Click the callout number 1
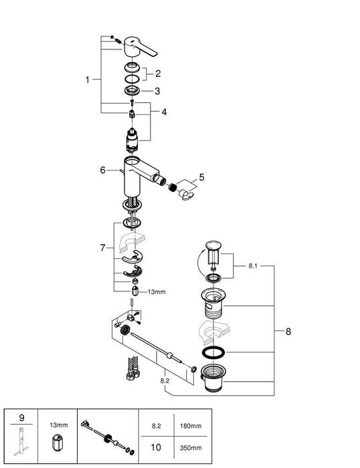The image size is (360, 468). click(87, 80)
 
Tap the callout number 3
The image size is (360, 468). click(157, 91)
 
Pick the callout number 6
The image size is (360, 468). click(102, 170)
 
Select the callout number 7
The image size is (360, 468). click(102, 247)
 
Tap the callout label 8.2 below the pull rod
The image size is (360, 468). click(164, 381)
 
